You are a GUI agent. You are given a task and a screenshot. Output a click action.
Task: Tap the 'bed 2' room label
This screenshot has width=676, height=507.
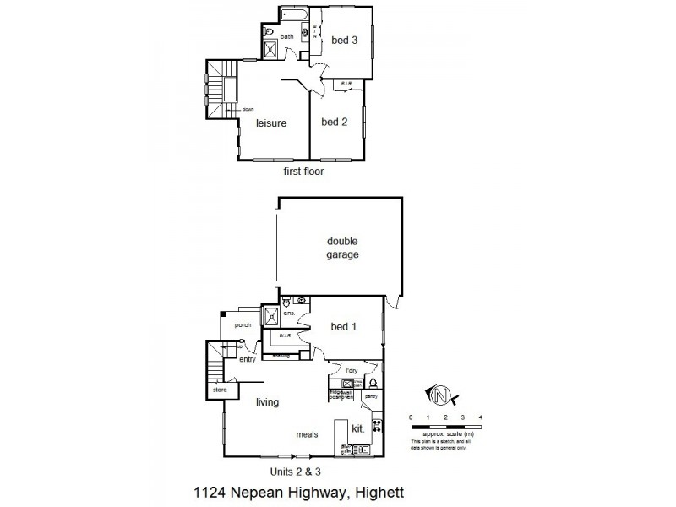coord(335,122)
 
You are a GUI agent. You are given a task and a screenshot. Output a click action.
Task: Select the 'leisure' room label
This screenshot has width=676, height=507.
coord(271,123)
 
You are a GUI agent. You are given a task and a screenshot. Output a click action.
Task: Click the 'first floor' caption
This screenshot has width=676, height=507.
coord(303,171)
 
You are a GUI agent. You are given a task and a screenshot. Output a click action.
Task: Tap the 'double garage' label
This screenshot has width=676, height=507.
coord(343,247)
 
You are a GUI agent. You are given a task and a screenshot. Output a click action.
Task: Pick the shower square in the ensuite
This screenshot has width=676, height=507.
coord(273,316)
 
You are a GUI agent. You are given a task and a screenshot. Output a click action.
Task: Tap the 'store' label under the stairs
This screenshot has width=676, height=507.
coord(220,390)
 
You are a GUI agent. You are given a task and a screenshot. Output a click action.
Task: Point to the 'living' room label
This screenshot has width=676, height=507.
coord(267,402)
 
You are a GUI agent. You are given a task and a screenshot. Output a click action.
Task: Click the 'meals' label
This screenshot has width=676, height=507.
coord(306,434)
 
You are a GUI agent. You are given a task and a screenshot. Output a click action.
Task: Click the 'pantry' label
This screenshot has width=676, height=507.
coord(371,395)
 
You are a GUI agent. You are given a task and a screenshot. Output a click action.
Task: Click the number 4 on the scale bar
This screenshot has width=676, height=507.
coord(480,417)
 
